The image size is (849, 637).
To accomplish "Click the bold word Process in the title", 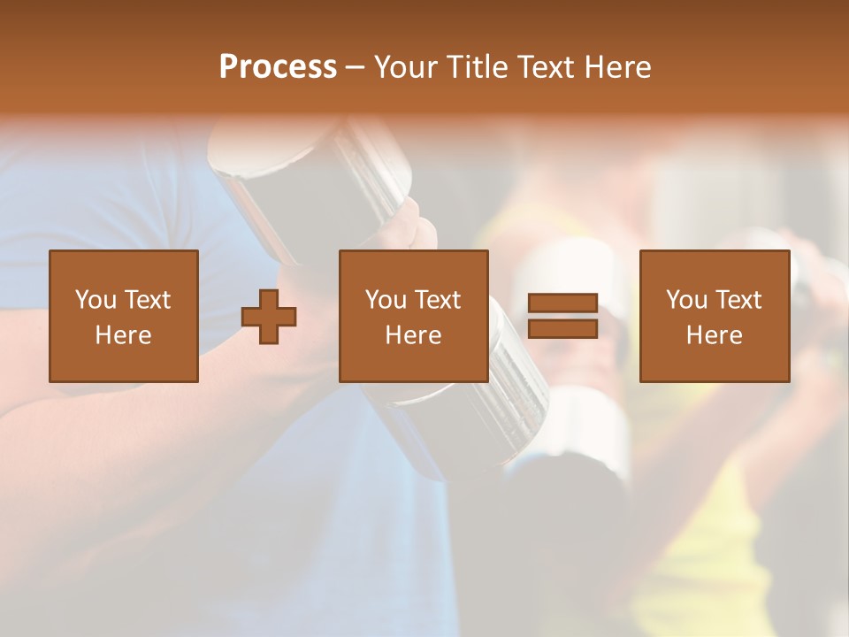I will pyautogui.click(x=278, y=67).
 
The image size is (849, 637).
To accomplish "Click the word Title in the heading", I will pyautogui.click(x=475, y=67).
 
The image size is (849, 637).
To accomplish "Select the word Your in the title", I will pyautogui.click(x=407, y=67).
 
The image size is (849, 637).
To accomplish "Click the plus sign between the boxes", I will pyautogui.click(x=269, y=317).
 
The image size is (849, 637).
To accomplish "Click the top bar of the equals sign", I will pyautogui.click(x=562, y=303).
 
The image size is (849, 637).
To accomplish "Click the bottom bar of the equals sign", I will pyautogui.click(x=562, y=328).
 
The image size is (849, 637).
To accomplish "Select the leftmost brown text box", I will pyautogui.click(x=123, y=316).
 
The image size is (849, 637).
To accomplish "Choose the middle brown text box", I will pyautogui.click(x=413, y=316).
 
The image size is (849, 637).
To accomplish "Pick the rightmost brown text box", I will pyautogui.click(x=714, y=316).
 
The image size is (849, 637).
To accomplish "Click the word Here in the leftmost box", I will pyautogui.click(x=123, y=335).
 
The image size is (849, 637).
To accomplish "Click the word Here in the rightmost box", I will pyautogui.click(x=714, y=335).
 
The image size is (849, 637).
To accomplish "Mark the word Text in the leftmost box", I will pyautogui.click(x=147, y=300).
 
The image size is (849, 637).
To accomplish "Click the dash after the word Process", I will pyautogui.click(x=355, y=68).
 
